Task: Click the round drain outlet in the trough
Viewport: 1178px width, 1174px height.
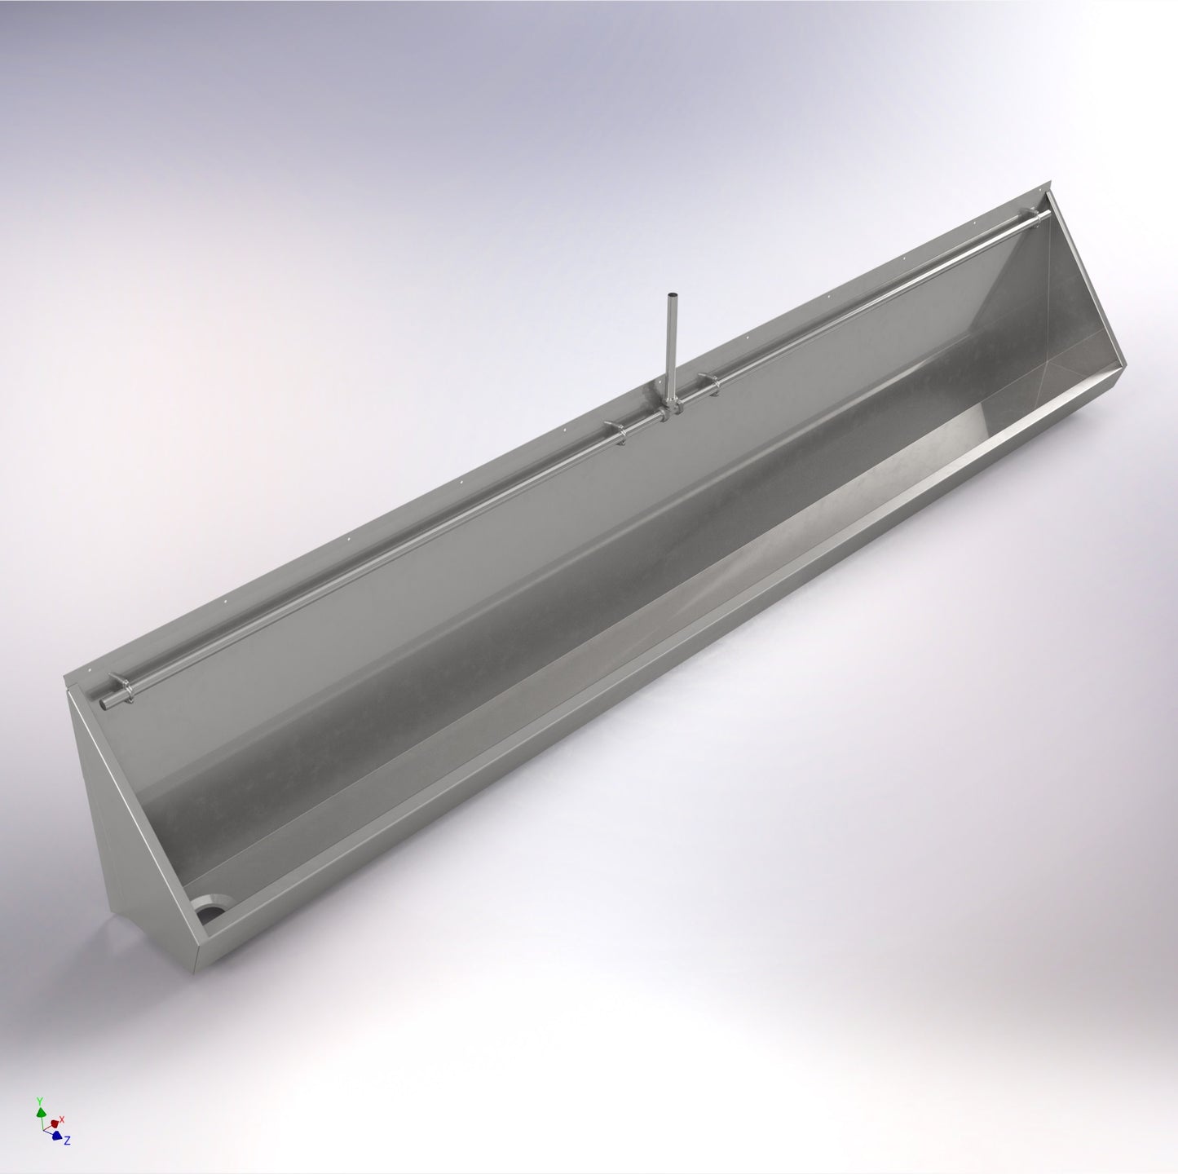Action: click(210, 908)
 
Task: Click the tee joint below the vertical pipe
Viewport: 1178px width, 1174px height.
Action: click(668, 408)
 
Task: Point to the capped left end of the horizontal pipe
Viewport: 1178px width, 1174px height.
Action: click(103, 702)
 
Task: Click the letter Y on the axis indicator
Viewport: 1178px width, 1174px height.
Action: click(39, 1101)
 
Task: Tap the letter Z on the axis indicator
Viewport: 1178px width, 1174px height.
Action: click(67, 1141)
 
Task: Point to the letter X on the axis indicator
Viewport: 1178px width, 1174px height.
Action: click(62, 1119)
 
